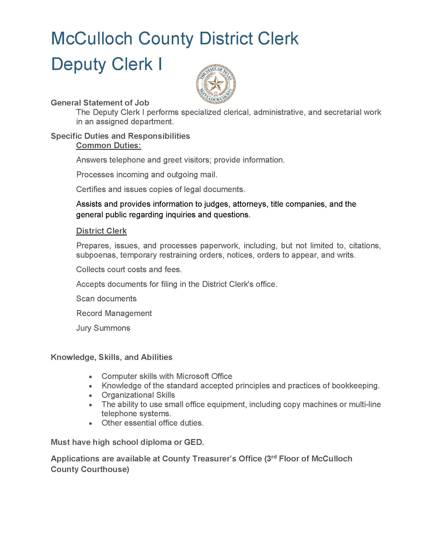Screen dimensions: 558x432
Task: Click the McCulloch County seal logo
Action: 216,84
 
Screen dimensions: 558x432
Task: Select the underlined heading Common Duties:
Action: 109,145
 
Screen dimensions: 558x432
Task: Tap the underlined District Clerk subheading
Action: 101,231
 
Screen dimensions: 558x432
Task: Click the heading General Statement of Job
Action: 100,103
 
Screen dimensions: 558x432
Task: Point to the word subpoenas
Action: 96,255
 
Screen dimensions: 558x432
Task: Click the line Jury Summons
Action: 103,328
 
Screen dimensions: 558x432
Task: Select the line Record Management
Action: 114,313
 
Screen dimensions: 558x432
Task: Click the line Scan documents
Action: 106,299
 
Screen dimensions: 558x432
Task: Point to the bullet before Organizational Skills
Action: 90,395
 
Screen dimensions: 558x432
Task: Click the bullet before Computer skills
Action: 90,377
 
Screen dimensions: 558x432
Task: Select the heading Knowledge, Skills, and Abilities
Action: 112,357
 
